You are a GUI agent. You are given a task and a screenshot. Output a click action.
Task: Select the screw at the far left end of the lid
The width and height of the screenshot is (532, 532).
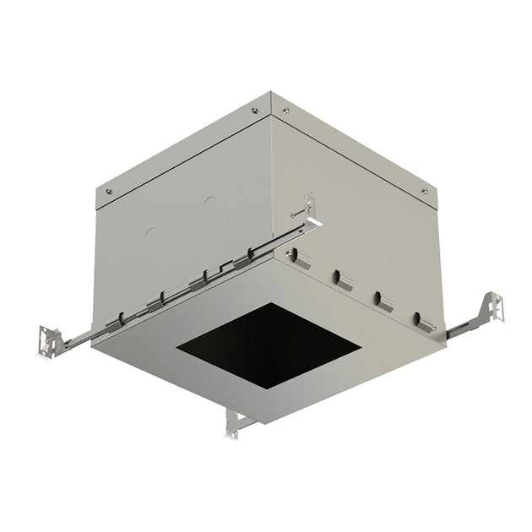point(108,192)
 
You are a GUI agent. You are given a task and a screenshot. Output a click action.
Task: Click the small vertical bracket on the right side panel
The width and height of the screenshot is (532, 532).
point(311,206)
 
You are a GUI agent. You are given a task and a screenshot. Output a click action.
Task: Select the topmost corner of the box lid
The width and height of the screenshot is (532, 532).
point(270,92)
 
